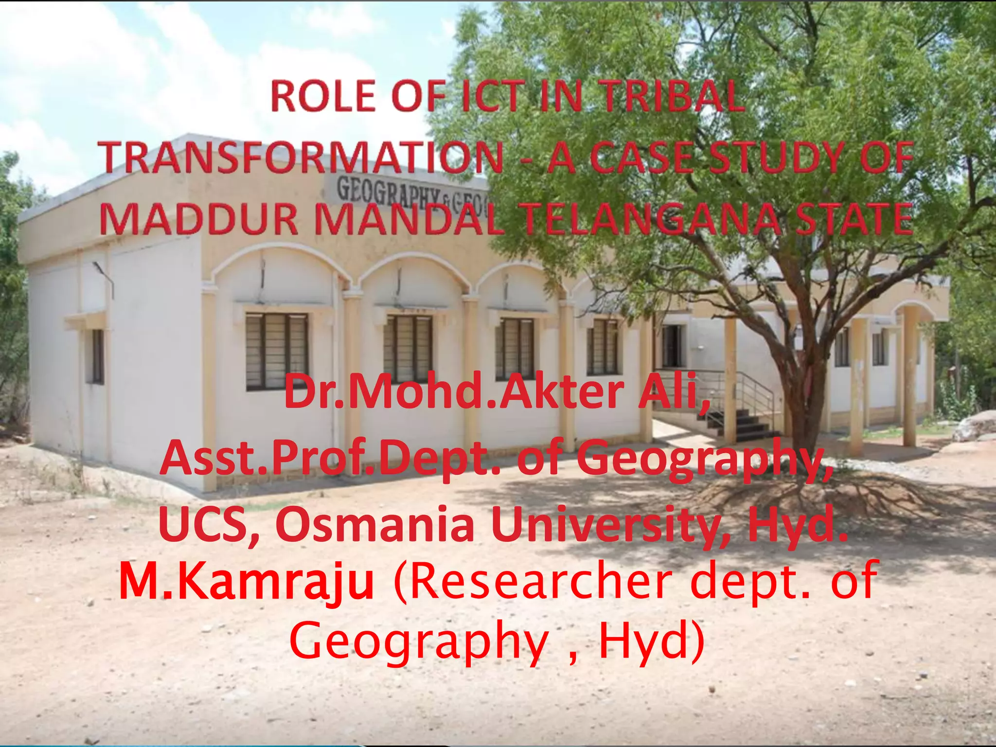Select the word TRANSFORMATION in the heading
tap(302, 157)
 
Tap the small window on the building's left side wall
tap(97, 356)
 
